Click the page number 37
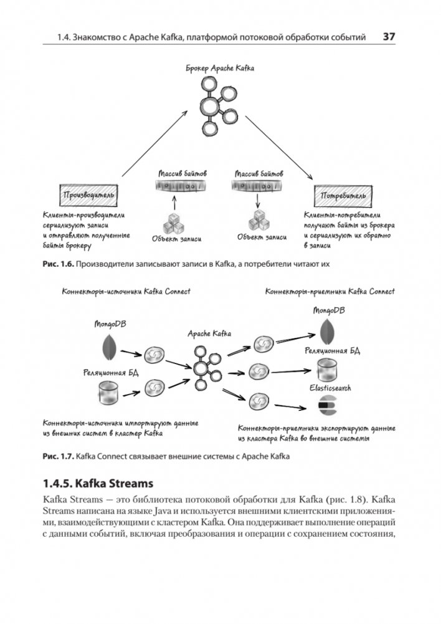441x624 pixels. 389,37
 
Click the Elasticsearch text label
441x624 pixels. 330,388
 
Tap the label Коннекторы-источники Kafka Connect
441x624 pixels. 126,291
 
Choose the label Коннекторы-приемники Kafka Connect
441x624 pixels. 330,291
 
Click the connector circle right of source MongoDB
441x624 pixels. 152,356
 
